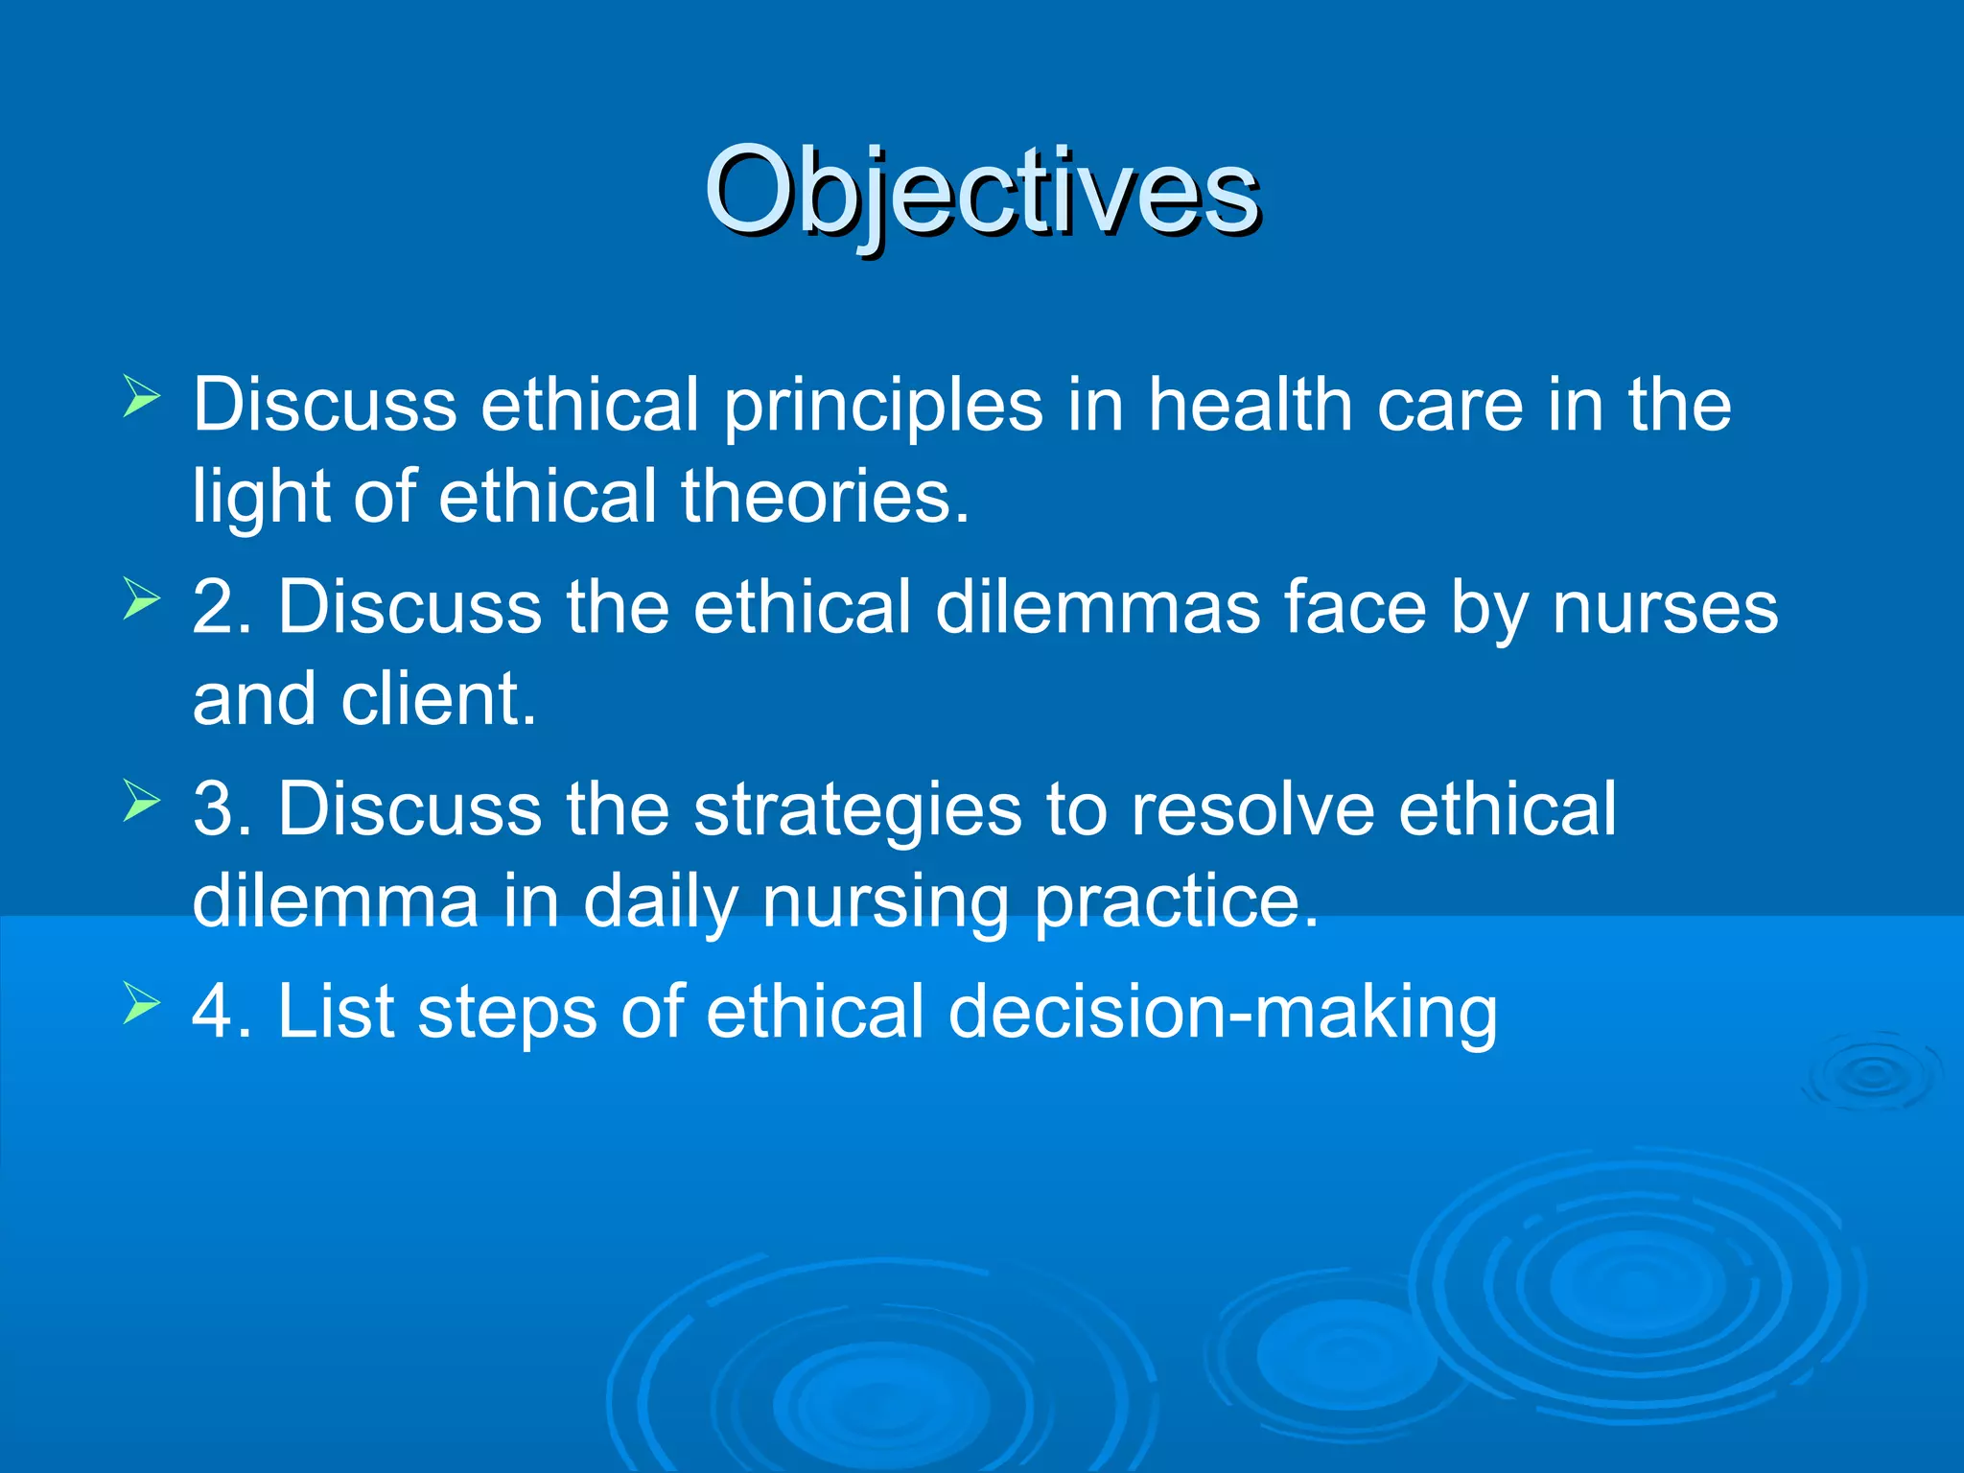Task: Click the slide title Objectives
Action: click(x=981, y=192)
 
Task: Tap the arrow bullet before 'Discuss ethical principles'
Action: click(x=141, y=397)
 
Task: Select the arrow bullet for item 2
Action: click(x=141, y=600)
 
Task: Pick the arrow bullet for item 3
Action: click(x=141, y=803)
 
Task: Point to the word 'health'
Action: click(x=1251, y=405)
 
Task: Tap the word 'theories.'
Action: click(x=826, y=497)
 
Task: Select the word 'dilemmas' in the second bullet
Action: click(x=1097, y=608)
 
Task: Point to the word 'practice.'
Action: click(x=1177, y=903)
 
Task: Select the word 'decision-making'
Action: click(x=1223, y=1013)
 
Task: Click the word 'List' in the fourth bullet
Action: click(x=336, y=1011)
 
